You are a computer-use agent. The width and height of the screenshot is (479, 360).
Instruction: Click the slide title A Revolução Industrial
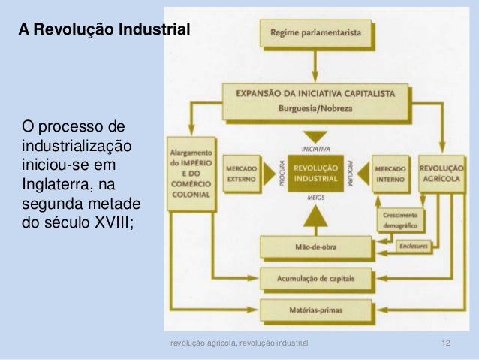pyautogui.click(x=106, y=30)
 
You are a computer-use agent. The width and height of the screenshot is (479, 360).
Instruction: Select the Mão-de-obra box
pyautogui.click(x=316, y=247)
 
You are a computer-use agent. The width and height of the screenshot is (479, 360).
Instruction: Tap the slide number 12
pyautogui.click(x=446, y=344)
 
